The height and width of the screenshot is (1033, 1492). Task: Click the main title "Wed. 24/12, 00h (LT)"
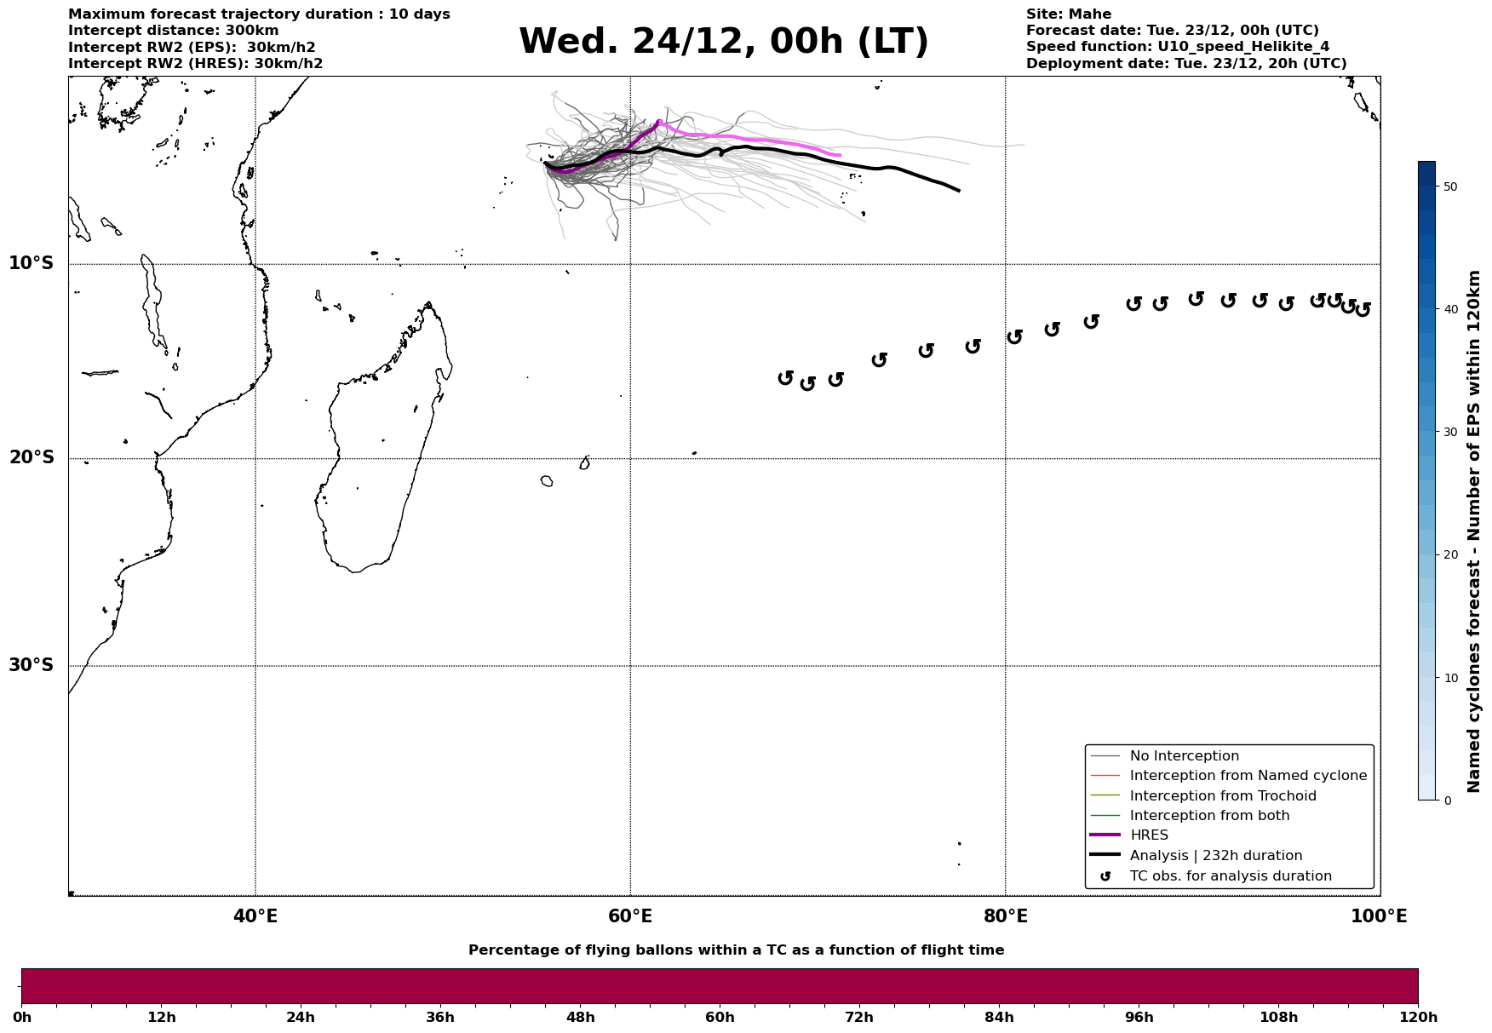pyautogui.click(x=723, y=42)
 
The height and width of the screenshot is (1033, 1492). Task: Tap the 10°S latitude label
pyautogui.click(x=32, y=263)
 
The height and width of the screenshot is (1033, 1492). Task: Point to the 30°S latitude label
pyautogui.click(x=32, y=665)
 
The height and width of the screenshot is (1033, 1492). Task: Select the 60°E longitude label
pyautogui.click(x=630, y=916)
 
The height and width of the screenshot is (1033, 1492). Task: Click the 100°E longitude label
pyautogui.click(x=1379, y=916)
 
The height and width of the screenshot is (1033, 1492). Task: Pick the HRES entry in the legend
pyautogui.click(x=1149, y=835)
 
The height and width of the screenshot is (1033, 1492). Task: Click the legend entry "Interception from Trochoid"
pyautogui.click(x=1222, y=796)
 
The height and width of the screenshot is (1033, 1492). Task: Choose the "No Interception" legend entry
pyautogui.click(x=1184, y=756)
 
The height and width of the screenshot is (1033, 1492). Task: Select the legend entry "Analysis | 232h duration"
pyautogui.click(x=1215, y=856)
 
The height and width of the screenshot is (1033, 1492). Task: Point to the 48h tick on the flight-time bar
pyautogui.click(x=581, y=1017)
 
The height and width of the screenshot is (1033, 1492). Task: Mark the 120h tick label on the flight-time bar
pyautogui.click(x=1418, y=1017)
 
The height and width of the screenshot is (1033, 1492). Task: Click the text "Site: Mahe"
pyautogui.click(x=1068, y=14)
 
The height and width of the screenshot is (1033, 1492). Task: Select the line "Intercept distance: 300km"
pyautogui.click(x=173, y=31)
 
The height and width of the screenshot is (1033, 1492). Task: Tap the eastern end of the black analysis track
pyautogui.click(x=959, y=191)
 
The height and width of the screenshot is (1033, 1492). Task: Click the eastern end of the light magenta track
pyautogui.click(x=840, y=155)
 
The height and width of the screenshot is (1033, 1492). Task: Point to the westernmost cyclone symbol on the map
pyautogui.click(x=785, y=377)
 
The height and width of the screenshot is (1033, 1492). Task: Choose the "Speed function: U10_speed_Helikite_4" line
pyautogui.click(x=1177, y=47)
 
